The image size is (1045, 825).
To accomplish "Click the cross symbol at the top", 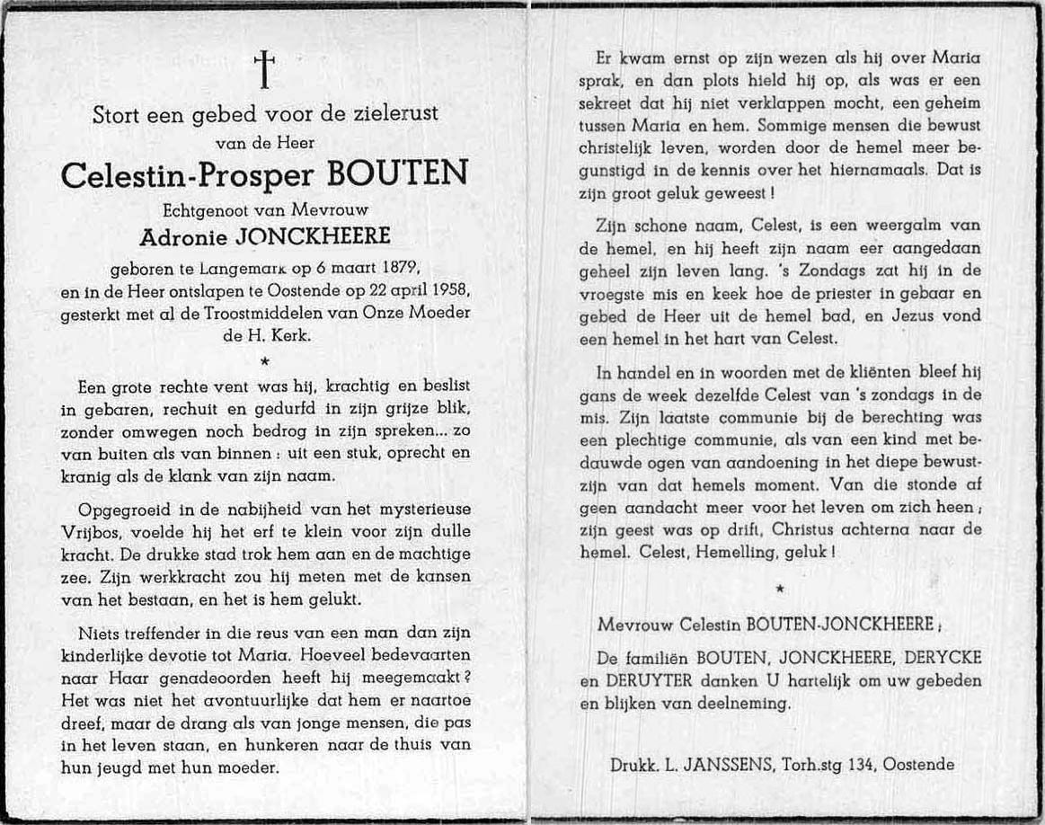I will [264, 69].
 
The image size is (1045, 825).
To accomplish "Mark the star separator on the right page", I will [779, 588].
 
